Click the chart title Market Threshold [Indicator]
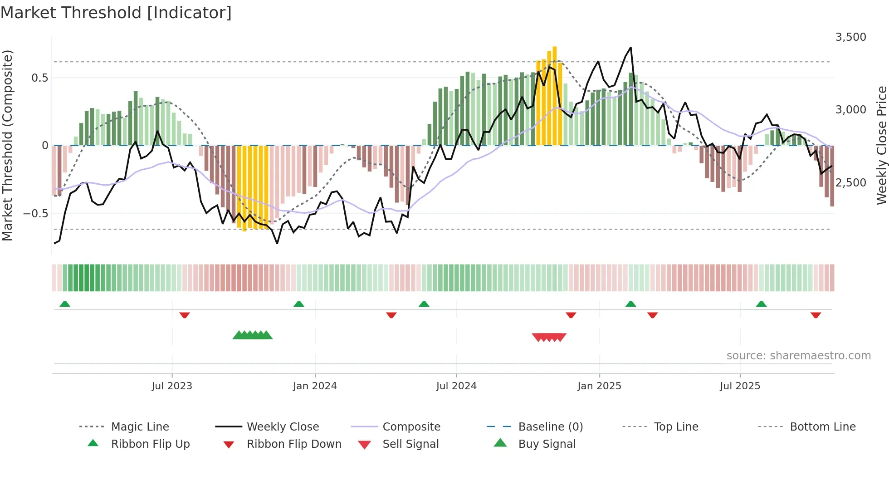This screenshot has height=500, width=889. (x=116, y=13)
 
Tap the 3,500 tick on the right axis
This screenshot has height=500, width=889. (x=850, y=37)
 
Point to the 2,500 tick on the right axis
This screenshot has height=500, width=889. (x=850, y=183)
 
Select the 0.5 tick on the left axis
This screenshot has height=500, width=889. (x=39, y=78)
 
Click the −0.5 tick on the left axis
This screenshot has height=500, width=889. (x=36, y=213)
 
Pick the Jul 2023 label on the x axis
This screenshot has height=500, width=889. (x=172, y=386)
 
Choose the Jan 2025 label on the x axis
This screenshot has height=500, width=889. (x=599, y=386)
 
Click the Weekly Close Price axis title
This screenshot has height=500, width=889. (x=881, y=145)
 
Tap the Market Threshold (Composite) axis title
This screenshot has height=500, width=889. (x=7, y=145)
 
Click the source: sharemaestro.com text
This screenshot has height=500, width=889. (x=798, y=356)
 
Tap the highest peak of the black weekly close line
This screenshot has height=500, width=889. (x=630, y=48)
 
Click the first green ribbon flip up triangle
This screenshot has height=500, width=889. (x=65, y=304)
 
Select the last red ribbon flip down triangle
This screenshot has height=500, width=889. (x=816, y=315)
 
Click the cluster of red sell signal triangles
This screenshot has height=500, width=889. (x=549, y=337)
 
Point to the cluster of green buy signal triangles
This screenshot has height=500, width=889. (x=253, y=335)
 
